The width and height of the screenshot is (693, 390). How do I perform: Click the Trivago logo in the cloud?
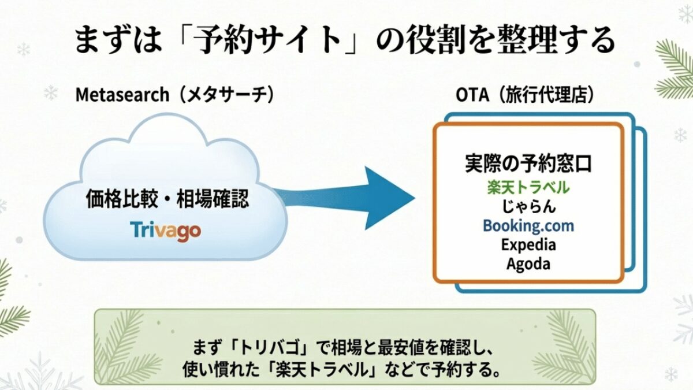pos(166,231)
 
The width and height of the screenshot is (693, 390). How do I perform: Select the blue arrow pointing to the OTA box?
pos(344,198)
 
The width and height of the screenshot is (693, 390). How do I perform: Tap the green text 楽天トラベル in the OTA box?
pos(528,187)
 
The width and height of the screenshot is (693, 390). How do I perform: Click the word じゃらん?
pos(528,206)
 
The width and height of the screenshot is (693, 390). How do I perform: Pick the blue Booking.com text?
pos(528,226)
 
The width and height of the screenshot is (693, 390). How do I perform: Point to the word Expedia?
pos(528,245)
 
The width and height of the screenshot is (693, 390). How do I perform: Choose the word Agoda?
pos(528,264)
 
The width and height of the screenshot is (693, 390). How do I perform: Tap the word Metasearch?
pos(122,94)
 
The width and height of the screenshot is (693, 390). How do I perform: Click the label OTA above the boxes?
pos(472,95)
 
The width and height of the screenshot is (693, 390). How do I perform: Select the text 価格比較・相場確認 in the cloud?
pos(167,198)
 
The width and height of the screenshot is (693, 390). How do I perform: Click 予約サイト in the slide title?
pos(269,40)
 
